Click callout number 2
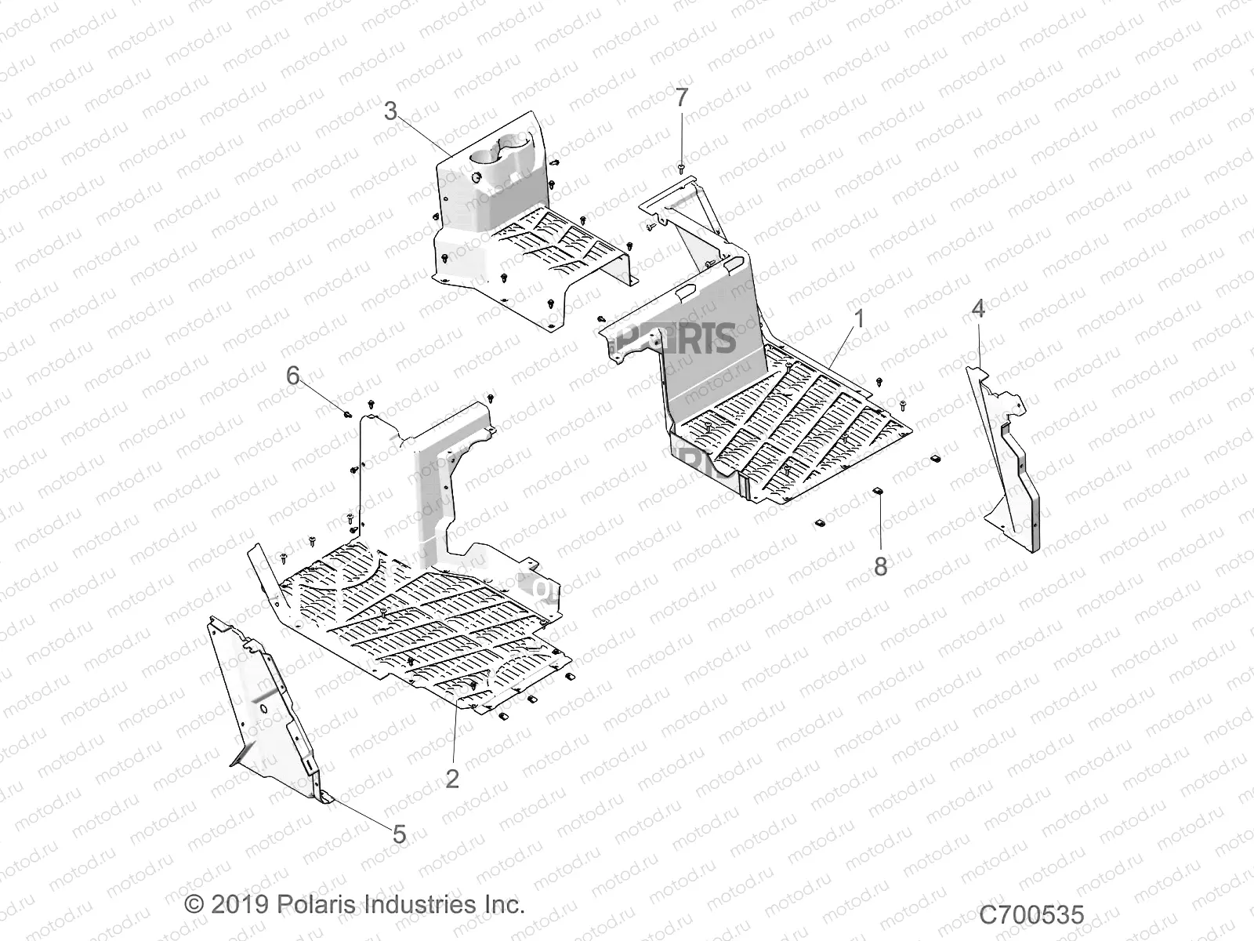coord(452,779)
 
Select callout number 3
coord(390,111)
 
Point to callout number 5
coord(399,834)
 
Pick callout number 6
coord(292,376)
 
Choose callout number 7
coord(682,98)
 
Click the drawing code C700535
coord(1031,915)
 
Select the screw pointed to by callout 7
coord(680,167)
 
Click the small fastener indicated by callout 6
coord(346,413)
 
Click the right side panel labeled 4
coord(1007,455)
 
